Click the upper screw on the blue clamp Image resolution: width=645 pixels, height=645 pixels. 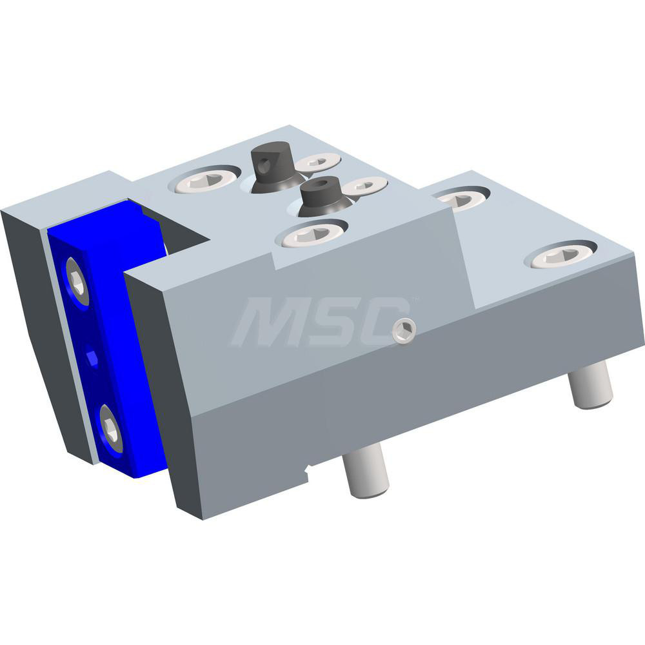(x=76, y=280)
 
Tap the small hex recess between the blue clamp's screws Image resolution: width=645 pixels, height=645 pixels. (x=93, y=357)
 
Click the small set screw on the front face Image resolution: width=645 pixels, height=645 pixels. (x=404, y=331)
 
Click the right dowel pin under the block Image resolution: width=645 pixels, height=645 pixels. (x=590, y=385)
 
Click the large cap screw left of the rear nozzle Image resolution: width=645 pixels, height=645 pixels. (x=204, y=181)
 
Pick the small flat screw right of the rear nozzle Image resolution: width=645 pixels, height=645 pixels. (x=320, y=163)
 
